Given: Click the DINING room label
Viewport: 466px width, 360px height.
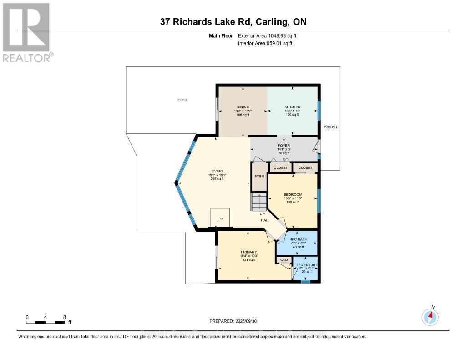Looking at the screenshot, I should pos(243,107).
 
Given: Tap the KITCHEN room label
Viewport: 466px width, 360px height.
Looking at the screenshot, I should pos(292,107).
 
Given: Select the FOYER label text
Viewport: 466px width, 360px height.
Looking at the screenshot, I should pos(284,146).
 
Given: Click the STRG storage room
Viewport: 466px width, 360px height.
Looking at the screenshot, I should pos(259,177).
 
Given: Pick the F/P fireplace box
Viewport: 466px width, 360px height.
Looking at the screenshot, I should pos(220,219).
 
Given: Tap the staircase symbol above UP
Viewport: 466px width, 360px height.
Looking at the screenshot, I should pos(258,201).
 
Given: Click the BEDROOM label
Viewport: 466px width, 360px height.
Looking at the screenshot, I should pos(293,194).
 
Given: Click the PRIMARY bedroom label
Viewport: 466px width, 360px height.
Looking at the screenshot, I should pos(249,252).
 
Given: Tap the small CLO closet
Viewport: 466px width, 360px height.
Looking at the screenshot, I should pos(284,260).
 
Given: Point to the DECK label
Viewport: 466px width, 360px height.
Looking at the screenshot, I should pos(182,100).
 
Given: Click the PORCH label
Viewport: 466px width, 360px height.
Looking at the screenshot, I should pos(330,127).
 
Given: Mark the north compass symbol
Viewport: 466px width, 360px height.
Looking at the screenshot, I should pos(430,316).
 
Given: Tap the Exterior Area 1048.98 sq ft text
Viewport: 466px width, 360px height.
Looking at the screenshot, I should pos(268,35).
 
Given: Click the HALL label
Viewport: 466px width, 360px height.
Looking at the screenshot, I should pos(265,220).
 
